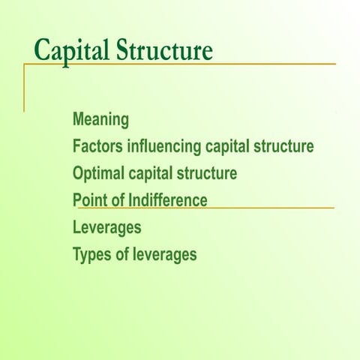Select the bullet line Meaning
coord(100,119)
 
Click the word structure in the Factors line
coord(283,146)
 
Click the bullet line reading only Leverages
coord(106,227)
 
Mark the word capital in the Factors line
coord(227,146)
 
